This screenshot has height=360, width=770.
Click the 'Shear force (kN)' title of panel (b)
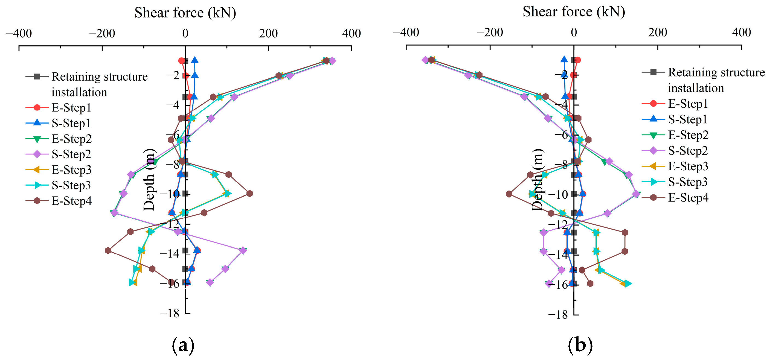[x=574, y=12]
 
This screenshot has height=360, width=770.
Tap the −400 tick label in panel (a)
[x=19, y=33]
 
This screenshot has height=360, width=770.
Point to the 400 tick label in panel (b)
[x=741, y=32]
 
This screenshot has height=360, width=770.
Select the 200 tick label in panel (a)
[x=268, y=33]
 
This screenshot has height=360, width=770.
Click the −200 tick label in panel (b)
[x=490, y=32]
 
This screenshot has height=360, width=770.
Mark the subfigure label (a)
[x=183, y=346]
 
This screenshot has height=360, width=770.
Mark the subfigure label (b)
[x=580, y=346]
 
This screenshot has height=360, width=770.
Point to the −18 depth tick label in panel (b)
[x=558, y=315]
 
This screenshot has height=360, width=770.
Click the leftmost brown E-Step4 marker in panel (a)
[x=108, y=250]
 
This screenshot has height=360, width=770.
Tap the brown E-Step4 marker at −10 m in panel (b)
[x=509, y=194]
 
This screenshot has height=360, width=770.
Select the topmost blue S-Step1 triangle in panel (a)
[x=194, y=60]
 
